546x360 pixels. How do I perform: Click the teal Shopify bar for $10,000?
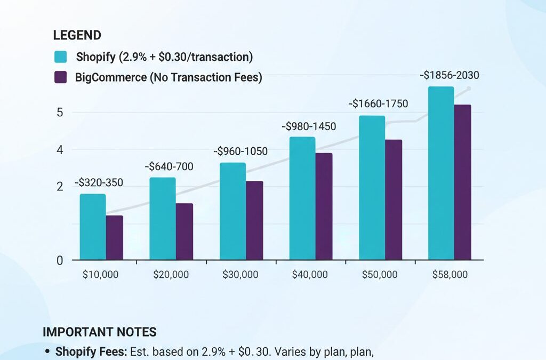(93, 227)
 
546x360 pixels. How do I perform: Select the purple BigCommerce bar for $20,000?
(184, 231)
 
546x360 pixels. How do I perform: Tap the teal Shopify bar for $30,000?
(232, 211)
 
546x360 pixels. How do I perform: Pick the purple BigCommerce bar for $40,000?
(324, 206)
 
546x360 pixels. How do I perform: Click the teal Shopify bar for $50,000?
(372, 188)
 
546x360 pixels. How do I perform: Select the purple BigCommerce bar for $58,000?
(462, 182)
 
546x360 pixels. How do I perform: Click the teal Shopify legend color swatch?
(61, 57)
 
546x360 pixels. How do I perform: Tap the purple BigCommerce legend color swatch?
(61, 77)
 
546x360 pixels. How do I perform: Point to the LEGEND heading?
(77, 36)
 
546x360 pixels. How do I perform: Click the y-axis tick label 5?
(60, 113)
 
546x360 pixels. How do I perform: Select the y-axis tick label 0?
(60, 260)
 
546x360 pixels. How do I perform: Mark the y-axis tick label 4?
(60, 150)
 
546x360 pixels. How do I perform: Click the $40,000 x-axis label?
(310, 275)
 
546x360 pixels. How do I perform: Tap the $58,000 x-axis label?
(449, 275)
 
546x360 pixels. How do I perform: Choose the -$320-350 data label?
(99, 183)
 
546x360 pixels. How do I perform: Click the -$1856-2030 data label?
(449, 76)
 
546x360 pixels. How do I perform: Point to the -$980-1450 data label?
(309, 126)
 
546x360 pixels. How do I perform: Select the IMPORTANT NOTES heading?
(99, 332)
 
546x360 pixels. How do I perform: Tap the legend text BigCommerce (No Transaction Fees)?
(168, 77)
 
